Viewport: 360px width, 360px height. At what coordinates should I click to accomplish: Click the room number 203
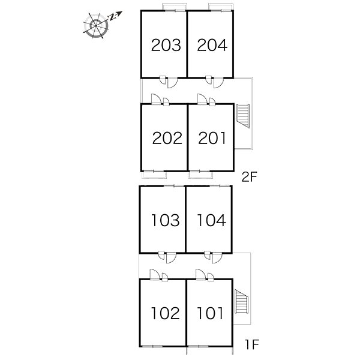click(x=166, y=45)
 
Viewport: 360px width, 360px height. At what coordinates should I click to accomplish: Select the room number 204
click(x=212, y=45)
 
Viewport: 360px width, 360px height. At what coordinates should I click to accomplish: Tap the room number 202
click(x=167, y=138)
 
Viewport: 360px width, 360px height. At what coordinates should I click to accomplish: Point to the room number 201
click(x=212, y=138)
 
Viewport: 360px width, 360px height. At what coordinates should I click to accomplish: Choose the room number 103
click(x=166, y=220)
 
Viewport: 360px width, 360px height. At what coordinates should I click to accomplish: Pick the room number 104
click(x=211, y=220)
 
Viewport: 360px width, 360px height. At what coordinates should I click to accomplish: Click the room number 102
click(x=166, y=313)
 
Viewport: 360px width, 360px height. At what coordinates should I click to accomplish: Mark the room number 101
click(x=210, y=313)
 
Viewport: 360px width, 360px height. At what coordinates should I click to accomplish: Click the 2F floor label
click(x=249, y=177)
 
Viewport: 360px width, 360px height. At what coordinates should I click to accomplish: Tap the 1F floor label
click(x=252, y=344)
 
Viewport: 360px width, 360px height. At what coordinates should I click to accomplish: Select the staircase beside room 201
click(x=243, y=116)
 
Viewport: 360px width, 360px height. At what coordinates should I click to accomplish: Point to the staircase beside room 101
click(x=241, y=301)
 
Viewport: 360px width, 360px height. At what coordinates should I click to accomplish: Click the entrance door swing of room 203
click(x=172, y=83)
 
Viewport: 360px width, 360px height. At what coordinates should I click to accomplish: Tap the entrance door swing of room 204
click(x=218, y=83)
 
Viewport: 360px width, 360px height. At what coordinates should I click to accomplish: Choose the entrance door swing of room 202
click(x=155, y=99)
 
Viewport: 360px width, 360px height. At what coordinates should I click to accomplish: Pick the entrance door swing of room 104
click(x=217, y=258)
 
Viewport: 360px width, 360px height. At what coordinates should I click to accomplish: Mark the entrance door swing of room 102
click(x=154, y=274)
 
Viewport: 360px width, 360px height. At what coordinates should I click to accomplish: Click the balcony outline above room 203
click(x=175, y=7)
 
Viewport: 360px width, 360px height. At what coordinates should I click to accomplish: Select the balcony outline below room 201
click(x=200, y=175)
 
